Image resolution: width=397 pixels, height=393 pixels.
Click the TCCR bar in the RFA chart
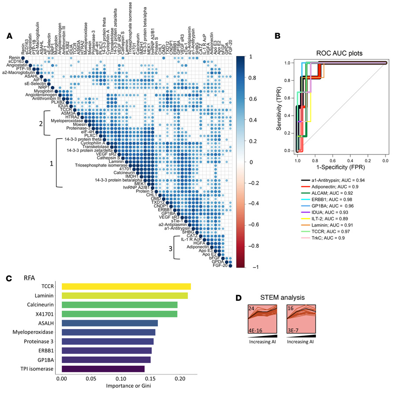126,286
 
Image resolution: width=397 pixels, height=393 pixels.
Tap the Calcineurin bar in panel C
120,305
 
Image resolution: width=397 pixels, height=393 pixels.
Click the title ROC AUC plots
339,53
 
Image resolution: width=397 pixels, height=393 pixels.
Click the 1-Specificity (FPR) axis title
340,167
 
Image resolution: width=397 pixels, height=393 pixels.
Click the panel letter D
239,298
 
